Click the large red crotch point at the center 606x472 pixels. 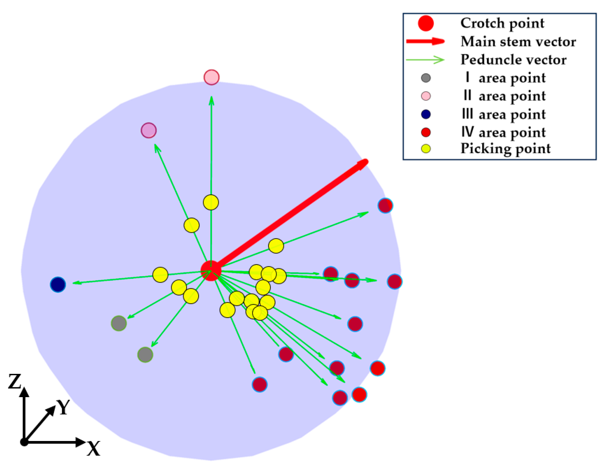tap(211, 270)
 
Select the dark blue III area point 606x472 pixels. tap(58, 284)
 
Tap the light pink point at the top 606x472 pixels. tap(211, 77)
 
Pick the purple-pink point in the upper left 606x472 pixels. tap(149, 130)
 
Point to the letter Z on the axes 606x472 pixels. tap(14, 382)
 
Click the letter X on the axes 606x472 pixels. tap(93, 449)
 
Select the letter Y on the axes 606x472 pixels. tap(63, 407)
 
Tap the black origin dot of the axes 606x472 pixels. tap(24, 442)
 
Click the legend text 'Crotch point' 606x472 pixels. tap(502, 23)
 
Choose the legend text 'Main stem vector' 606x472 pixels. tap(518, 41)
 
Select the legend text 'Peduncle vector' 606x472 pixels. tap(513, 60)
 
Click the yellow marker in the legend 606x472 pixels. tap(426, 149)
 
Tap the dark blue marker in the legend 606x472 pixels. tap(426, 114)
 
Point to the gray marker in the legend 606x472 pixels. tap(426, 78)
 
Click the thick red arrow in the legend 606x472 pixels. tap(425, 41)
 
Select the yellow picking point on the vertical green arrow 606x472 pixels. tap(211, 202)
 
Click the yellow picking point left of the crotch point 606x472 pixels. tap(160, 275)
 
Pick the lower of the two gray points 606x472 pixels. tap(145, 354)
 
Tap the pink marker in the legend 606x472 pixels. tap(426, 96)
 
